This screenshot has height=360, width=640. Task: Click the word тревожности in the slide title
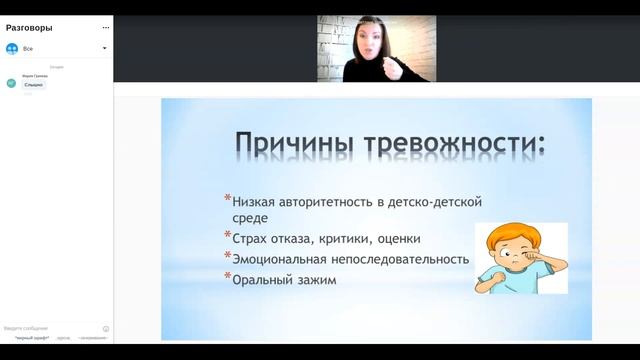[x=453, y=144]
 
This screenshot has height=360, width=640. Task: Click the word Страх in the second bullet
[x=252, y=239]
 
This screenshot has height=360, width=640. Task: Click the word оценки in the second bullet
[x=399, y=239]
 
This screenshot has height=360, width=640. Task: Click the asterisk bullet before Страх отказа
[x=228, y=237]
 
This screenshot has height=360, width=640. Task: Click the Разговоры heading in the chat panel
[x=30, y=27]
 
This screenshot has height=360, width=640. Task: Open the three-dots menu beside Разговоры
[x=105, y=27]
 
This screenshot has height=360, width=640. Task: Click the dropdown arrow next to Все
[x=104, y=47]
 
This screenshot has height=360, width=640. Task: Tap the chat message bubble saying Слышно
[x=33, y=85]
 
